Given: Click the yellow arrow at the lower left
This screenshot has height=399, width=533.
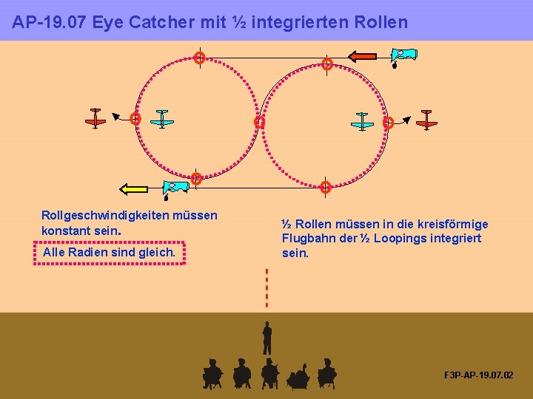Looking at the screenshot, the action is point(134,189).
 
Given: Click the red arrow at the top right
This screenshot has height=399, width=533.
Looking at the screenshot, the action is point(363,56).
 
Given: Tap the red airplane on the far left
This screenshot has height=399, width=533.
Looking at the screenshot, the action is point(95,117).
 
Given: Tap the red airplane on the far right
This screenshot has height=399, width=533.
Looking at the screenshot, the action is point(426,119).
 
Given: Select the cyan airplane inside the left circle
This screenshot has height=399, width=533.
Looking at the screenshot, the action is point(162,119).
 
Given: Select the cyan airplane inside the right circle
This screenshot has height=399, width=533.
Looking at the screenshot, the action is point(362,120).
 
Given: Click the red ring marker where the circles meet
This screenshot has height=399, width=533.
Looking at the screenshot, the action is point(259,123).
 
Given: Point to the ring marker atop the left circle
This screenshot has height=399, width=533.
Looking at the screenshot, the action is point(199,58).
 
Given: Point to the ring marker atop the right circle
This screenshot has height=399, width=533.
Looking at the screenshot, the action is point(326,64).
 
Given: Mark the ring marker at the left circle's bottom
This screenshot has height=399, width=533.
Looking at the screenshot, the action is point(196,179).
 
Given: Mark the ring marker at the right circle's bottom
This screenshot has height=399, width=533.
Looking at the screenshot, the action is point(326,187).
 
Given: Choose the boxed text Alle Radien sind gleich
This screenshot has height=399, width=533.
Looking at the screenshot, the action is point(109,253).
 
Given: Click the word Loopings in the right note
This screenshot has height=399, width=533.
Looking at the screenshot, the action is point(400,238).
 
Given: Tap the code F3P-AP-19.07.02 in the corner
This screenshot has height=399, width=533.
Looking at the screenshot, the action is point(478,375).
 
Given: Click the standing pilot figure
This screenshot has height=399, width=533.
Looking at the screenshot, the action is point(267,338).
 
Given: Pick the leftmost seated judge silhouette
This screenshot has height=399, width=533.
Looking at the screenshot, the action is point(212,373).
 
